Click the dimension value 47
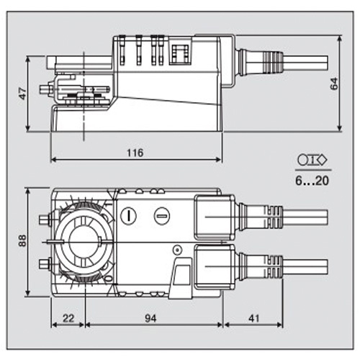22,94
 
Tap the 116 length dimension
135,152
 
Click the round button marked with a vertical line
129,214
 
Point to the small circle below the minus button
175,250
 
